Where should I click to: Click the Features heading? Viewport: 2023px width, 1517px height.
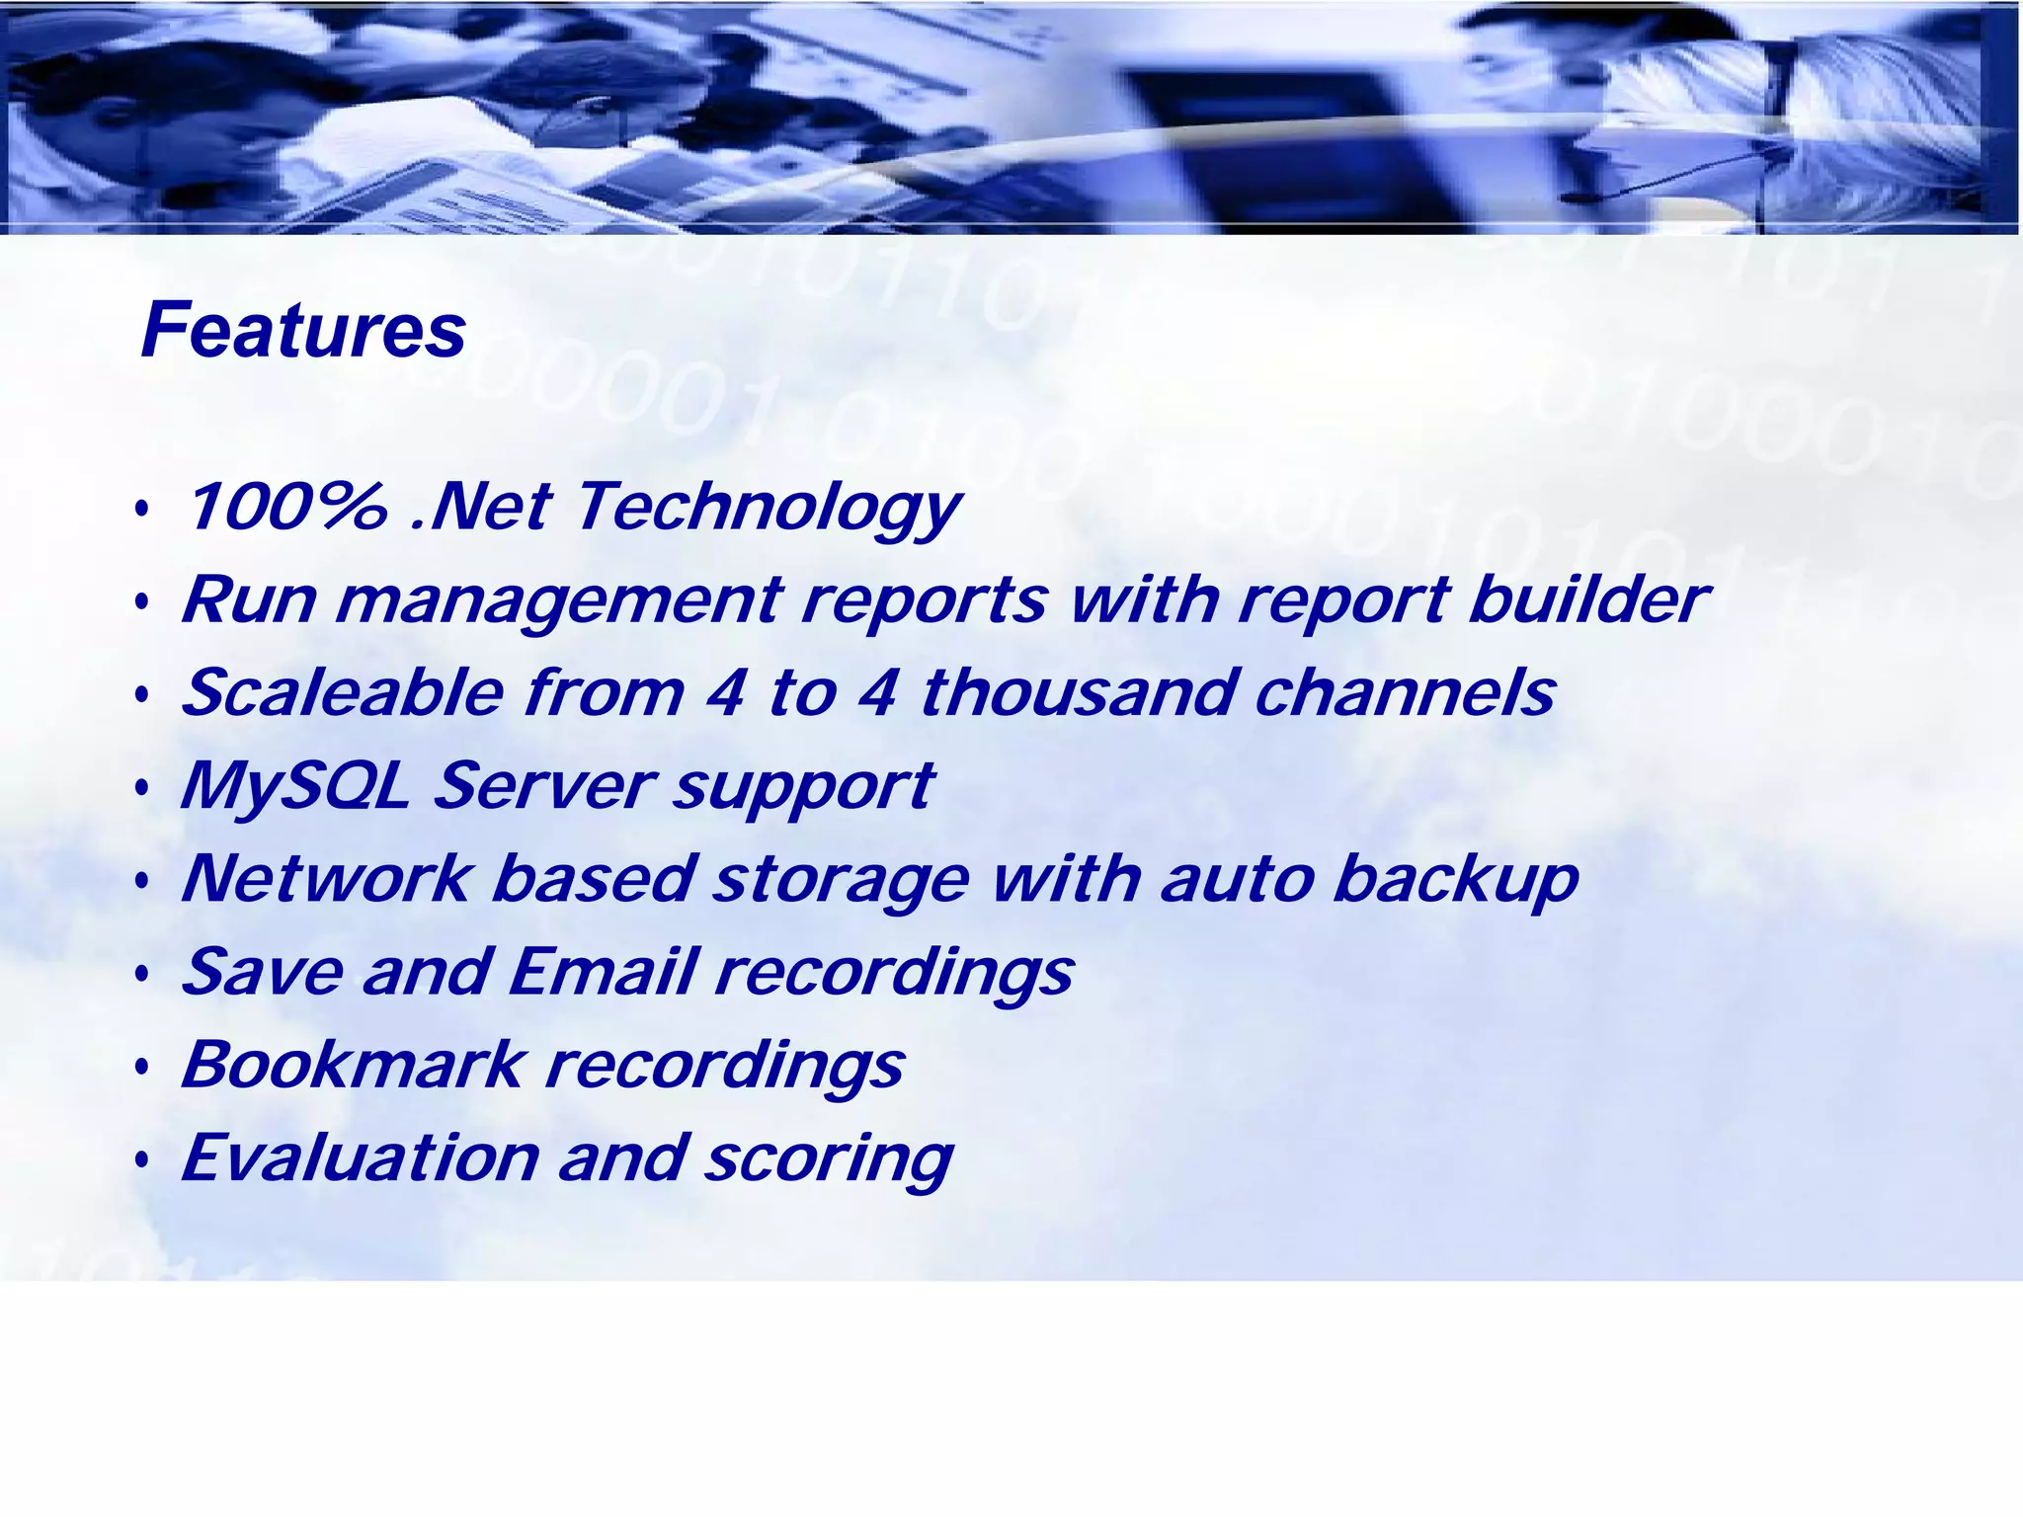coord(303,330)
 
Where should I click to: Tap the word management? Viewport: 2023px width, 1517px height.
coord(559,601)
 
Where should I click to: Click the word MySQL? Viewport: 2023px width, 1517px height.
coord(294,786)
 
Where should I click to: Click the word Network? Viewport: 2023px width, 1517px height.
coord(326,878)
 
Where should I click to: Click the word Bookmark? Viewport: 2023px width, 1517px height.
coord(353,1064)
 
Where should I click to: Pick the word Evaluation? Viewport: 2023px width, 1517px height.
coord(361,1158)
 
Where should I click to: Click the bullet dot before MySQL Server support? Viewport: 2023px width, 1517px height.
coord(143,789)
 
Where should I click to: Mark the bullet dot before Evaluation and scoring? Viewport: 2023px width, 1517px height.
coord(143,1160)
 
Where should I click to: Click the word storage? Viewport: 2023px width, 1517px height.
coord(841,880)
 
